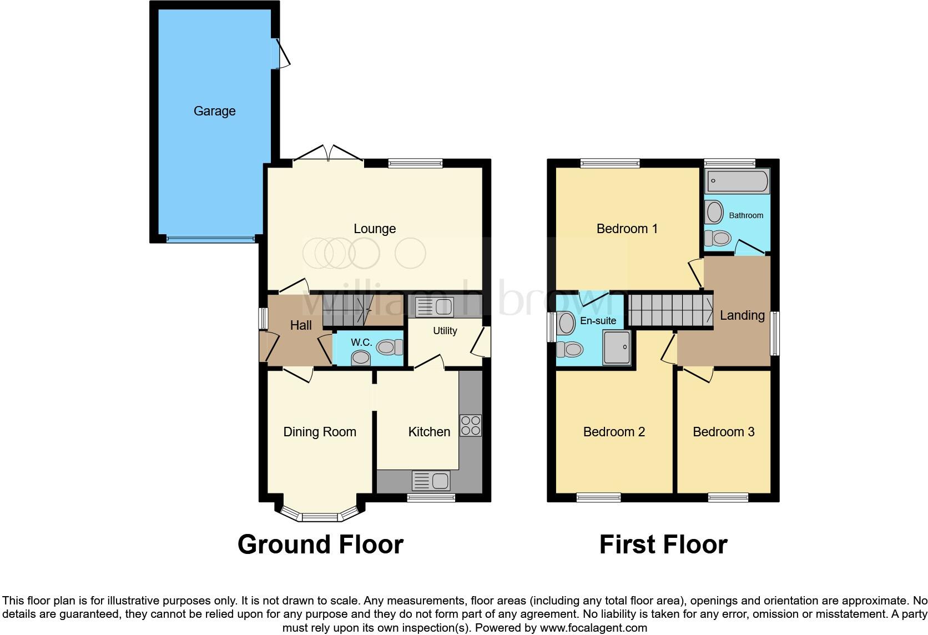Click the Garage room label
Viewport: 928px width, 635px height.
pos(214,111)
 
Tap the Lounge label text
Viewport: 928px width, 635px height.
pos(375,229)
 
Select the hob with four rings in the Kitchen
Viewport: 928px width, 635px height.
pos(471,425)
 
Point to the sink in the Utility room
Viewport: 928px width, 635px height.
pos(435,307)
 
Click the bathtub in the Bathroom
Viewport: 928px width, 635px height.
pos(738,182)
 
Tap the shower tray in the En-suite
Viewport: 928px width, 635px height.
pos(617,347)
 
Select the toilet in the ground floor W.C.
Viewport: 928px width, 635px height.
pos(390,347)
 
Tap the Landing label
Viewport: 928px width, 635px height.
pos(742,315)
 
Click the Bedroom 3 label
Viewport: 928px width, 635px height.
pos(723,432)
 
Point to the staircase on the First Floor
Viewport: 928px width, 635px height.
pos(670,310)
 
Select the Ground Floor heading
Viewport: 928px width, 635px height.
pos(320,545)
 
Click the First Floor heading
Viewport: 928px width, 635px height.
pos(663,545)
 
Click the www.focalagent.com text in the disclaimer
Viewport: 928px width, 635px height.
pos(593,628)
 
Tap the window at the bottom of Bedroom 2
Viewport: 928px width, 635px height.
pos(598,497)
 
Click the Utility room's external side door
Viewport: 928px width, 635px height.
pos(482,341)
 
